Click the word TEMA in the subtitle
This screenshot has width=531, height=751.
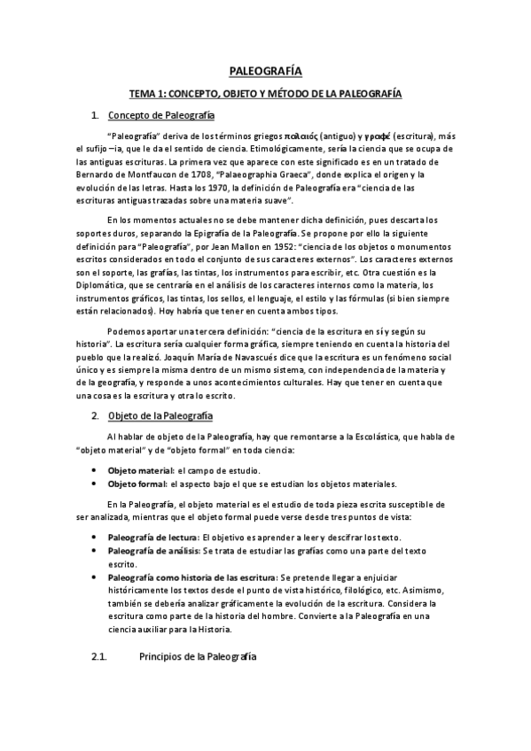[x=144, y=92]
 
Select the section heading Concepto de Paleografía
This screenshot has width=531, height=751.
[x=160, y=115]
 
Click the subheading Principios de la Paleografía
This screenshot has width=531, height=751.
[x=199, y=656]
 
